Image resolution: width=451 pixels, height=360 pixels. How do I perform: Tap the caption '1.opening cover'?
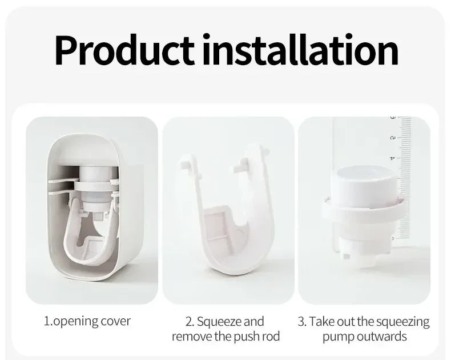[x=87, y=321]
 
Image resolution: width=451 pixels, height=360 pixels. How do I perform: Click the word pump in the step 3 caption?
[x=341, y=336]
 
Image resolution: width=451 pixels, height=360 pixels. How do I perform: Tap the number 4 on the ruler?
[x=392, y=158]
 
